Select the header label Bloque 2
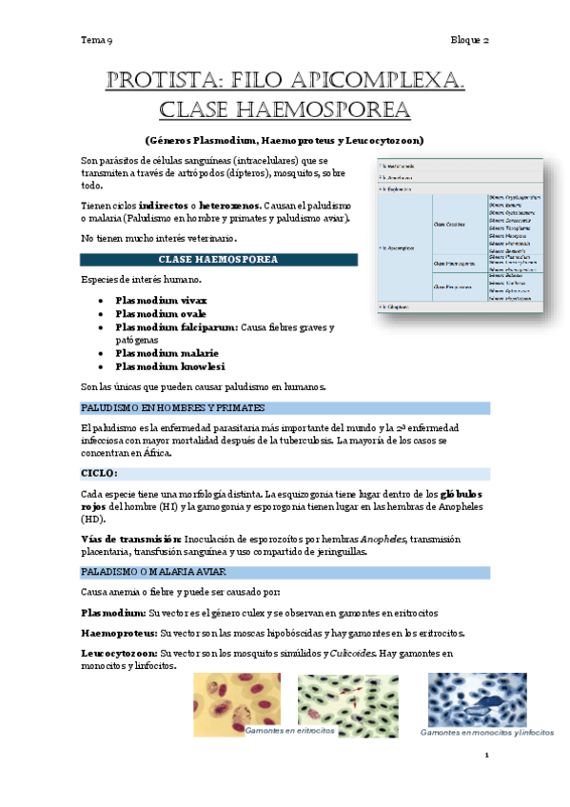[470, 41]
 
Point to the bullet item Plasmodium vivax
[161, 300]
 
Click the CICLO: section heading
[99, 473]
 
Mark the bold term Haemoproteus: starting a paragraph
[120, 632]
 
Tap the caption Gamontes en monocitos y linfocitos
[487, 732]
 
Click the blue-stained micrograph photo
[477, 699]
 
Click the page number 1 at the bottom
[486, 756]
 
